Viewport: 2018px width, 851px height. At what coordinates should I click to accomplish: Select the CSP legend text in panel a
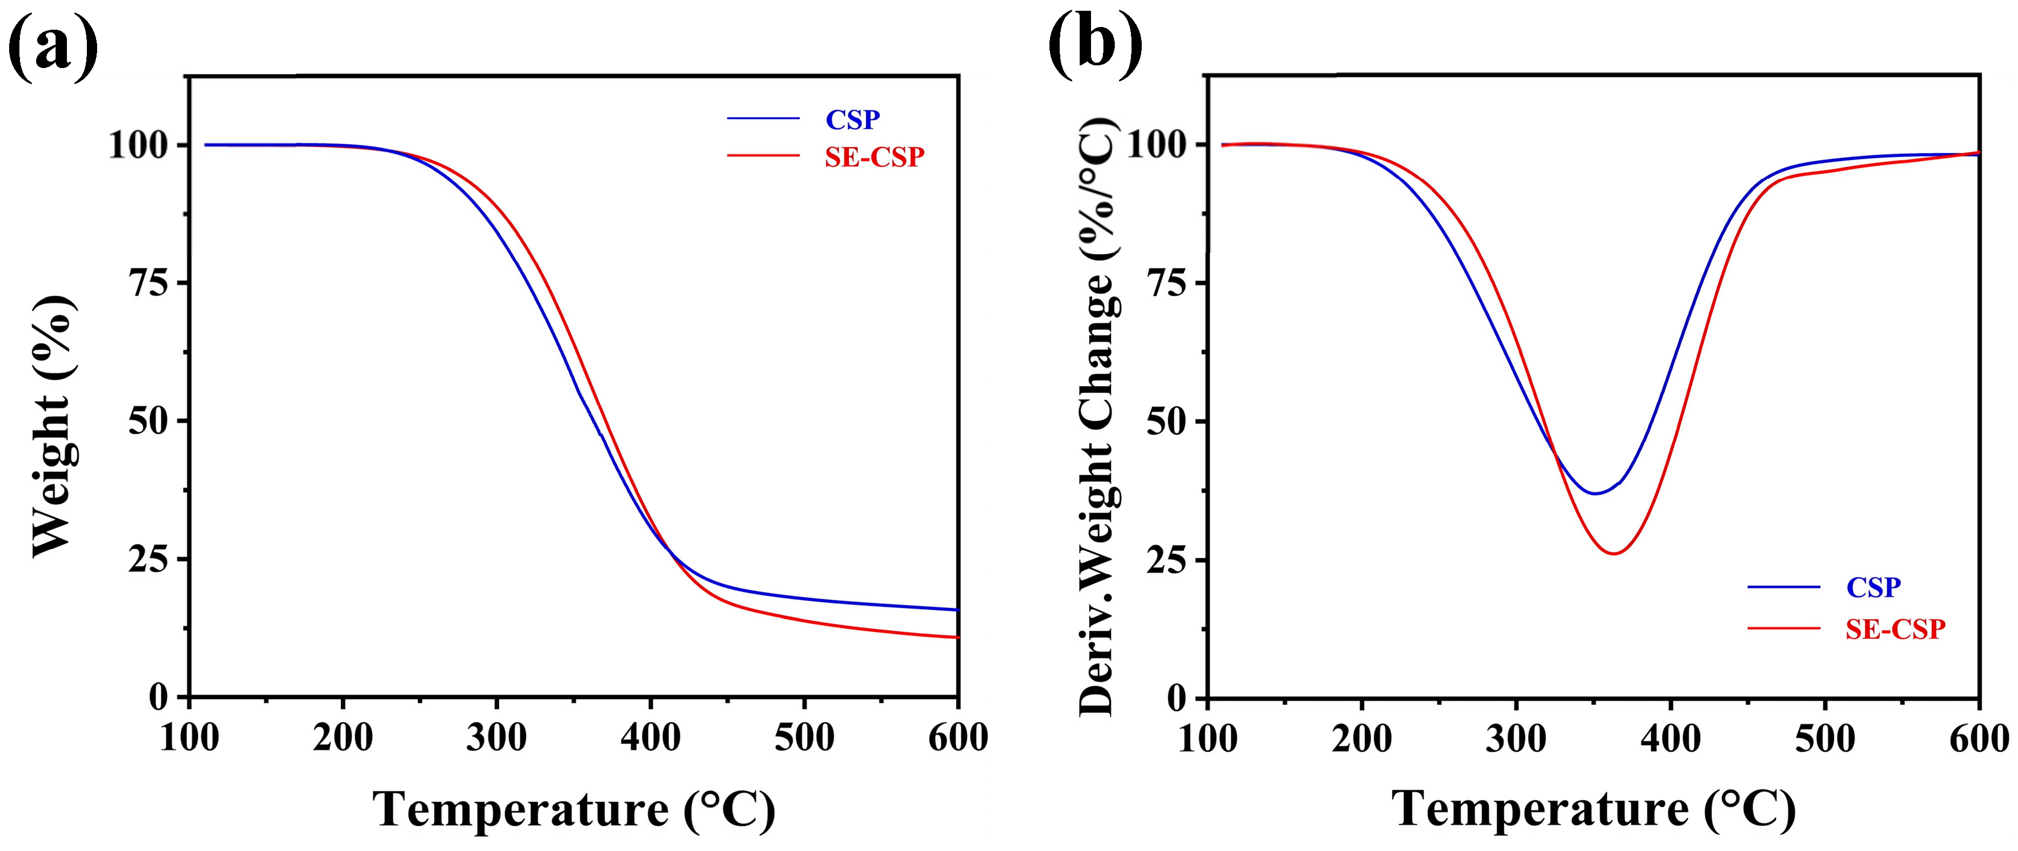[x=853, y=120]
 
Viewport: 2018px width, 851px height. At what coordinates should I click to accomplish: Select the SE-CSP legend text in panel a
[x=874, y=158]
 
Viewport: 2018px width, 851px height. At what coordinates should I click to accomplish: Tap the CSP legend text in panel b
[x=1873, y=587]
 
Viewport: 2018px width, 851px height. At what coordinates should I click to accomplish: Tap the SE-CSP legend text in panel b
[x=1895, y=629]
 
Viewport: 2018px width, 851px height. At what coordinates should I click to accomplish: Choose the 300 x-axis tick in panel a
[x=496, y=738]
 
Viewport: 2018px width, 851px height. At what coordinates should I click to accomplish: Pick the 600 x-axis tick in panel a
[x=957, y=738]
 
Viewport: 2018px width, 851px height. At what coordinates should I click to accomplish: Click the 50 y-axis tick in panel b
[x=1167, y=422]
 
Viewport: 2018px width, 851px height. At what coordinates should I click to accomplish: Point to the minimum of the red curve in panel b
[x=1614, y=554]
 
